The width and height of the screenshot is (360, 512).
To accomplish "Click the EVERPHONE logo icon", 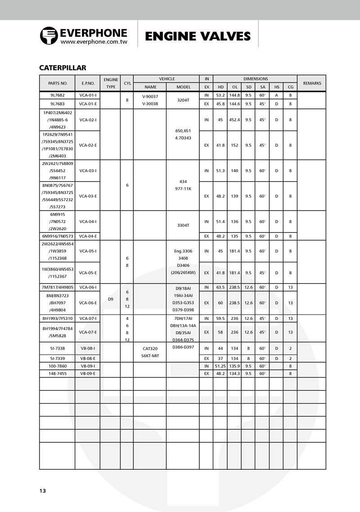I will (48, 36).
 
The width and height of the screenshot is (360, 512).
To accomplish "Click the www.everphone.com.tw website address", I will (94, 42).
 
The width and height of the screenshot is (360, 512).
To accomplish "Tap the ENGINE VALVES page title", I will (198, 36).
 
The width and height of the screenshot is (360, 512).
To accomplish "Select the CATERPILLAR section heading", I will (63, 68).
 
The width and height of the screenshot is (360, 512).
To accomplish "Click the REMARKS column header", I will (311, 83).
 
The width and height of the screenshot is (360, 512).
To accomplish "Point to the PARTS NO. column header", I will (57, 83).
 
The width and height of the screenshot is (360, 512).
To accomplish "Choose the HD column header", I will (220, 87).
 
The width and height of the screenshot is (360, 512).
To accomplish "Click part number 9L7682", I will (57, 95).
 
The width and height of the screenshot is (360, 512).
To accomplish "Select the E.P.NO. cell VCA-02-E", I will (88, 145).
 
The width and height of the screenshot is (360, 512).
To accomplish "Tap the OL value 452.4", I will (234, 120).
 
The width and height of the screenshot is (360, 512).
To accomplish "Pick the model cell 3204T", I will (183, 100).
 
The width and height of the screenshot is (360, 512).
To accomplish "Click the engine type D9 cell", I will (110, 298).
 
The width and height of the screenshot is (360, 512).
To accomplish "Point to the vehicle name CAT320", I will (150, 348).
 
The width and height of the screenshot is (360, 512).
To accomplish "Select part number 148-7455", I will (57, 373).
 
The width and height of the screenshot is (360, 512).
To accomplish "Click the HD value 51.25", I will (220, 366).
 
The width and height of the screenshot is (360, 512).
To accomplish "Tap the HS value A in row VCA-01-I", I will (276, 95).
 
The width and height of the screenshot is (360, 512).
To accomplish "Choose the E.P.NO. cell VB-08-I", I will (88, 348).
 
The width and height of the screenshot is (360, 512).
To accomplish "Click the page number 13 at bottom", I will (42, 491).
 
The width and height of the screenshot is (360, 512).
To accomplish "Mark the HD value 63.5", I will (220, 287).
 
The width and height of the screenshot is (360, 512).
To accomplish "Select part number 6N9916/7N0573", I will (57, 236).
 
